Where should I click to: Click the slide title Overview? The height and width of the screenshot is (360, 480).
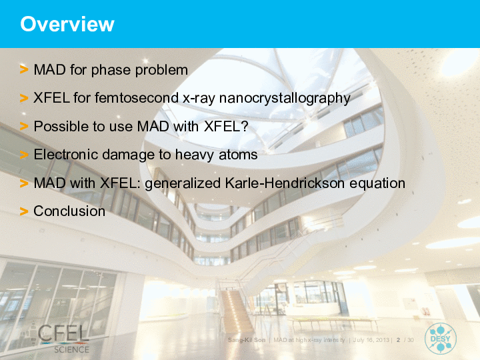point(67,24)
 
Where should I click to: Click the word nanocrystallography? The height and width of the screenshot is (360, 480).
point(285,99)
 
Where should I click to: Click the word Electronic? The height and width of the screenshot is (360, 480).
point(66,154)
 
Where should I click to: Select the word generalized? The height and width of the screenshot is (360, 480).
point(183,184)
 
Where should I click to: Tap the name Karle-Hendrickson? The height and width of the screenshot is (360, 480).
point(285,183)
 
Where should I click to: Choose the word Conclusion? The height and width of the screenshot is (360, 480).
point(69,211)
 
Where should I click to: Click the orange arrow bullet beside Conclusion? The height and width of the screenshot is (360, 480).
point(24,211)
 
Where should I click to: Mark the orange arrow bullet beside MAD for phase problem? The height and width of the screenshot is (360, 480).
point(24,69)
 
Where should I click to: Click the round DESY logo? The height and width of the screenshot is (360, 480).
point(440,339)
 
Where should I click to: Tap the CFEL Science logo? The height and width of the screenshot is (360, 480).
point(64,339)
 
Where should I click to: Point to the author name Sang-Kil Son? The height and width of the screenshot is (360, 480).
point(247,340)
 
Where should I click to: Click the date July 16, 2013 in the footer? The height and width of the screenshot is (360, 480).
point(371,340)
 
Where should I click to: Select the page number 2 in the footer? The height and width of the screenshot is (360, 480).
point(398,340)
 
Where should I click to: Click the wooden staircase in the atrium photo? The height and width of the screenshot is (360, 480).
point(235,309)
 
